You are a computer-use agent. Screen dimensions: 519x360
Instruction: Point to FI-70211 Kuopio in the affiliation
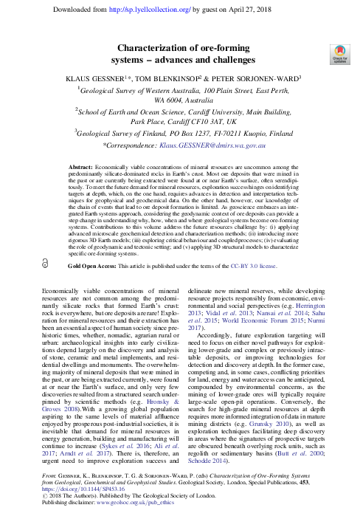(x=233, y=134)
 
